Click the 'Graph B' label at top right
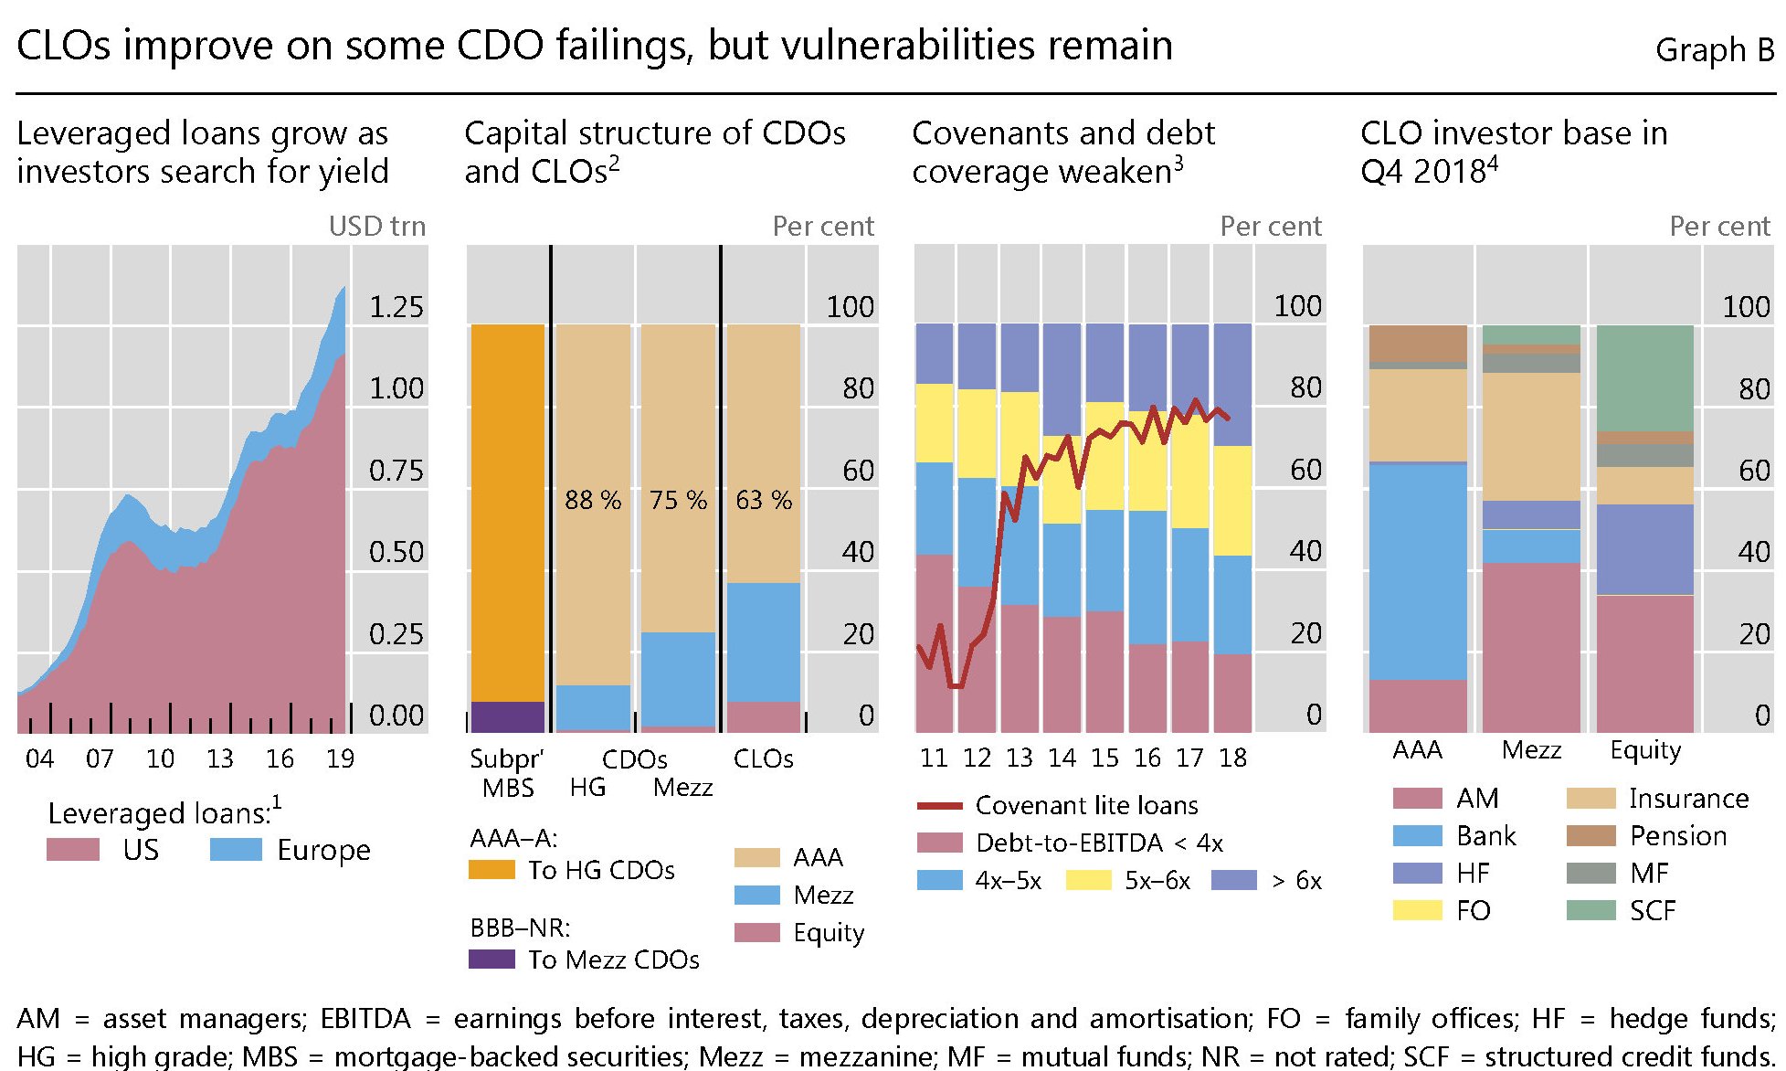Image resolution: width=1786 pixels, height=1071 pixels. pos(1714,50)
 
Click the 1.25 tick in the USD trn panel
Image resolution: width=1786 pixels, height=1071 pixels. pos(396,307)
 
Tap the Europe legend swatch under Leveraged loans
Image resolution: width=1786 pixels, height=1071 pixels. pos(236,849)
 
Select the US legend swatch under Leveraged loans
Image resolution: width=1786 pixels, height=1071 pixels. pos(73,849)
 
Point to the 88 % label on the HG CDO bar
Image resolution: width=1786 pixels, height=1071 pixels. pos(592,500)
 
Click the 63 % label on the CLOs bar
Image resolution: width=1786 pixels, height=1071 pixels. pos(764,500)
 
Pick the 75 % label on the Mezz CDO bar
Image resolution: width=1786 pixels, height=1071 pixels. pos(678,500)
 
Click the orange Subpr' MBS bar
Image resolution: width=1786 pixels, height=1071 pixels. pos(507,512)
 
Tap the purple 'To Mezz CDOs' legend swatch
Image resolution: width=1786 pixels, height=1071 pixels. pos(491,959)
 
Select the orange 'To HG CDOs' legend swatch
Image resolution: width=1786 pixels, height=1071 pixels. pos(491,869)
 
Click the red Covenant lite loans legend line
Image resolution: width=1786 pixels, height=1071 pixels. pos(939,806)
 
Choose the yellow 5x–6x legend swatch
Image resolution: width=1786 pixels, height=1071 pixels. pos(1088,880)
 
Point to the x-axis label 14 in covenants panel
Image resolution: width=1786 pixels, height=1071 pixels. pos(1062,758)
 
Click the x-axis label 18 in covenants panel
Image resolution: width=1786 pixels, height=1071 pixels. pos(1232,758)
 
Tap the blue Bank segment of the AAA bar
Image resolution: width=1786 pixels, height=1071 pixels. pos(1418,571)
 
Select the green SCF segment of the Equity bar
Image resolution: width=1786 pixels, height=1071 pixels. pos(1644,378)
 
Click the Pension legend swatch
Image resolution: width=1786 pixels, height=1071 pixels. pos(1590,835)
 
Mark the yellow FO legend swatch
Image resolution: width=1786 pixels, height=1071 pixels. pos(1417,910)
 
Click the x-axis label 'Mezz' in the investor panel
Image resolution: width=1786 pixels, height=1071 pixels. pos(1531,750)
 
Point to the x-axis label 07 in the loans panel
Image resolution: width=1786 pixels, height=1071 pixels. pos(100,758)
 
